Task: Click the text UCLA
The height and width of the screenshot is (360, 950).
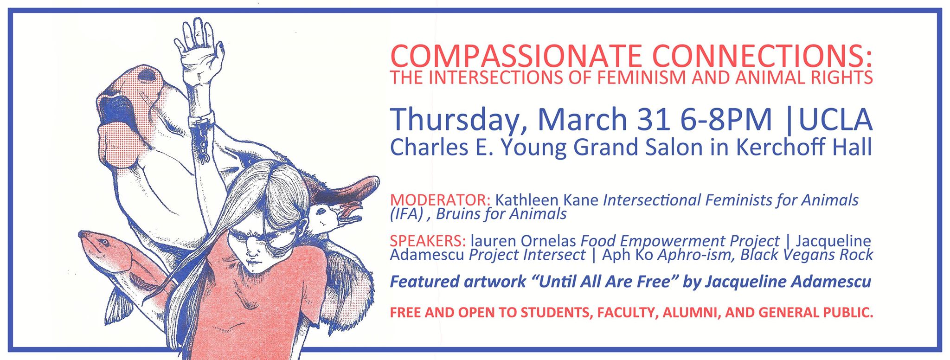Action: (835, 119)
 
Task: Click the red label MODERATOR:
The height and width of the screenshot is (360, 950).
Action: (441, 200)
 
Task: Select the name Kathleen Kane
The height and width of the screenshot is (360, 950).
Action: (547, 200)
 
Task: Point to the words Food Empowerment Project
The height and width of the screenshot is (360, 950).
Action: (680, 241)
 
